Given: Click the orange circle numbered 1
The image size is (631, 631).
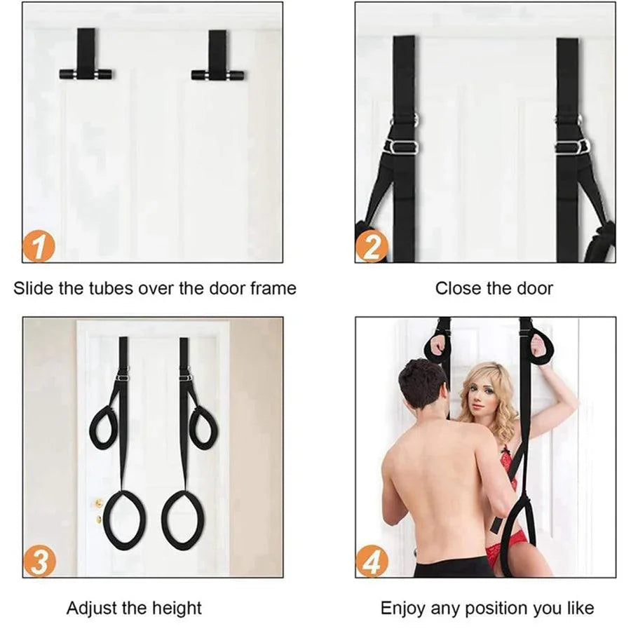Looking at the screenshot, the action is click(x=39, y=246).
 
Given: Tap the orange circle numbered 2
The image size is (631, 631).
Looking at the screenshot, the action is click(x=372, y=246).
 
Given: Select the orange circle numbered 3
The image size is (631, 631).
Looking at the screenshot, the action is click(x=39, y=561).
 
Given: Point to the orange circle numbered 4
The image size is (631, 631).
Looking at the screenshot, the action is click(x=372, y=561).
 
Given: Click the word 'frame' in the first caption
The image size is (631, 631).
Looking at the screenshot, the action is click(x=273, y=288).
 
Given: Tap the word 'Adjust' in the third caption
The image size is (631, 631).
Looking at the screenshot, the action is click(x=92, y=609).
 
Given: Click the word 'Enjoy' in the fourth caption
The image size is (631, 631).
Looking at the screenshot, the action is click(x=403, y=609).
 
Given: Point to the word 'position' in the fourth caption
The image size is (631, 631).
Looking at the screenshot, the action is click(x=498, y=609).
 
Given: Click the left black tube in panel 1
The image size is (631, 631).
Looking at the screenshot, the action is click(x=86, y=74).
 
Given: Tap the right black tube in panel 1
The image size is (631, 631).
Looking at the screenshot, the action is click(x=218, y=75).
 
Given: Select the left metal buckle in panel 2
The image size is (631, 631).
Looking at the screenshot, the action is click(x=402, y=147).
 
